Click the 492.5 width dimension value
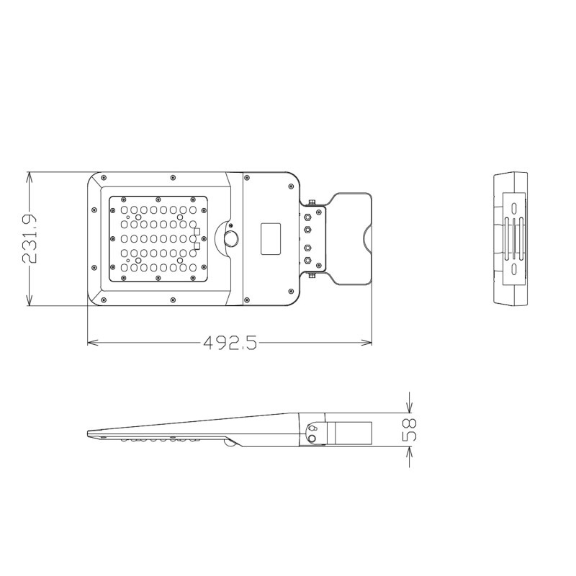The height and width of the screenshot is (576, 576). coord(230,343)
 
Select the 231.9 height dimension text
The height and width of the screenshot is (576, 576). coord(30,239)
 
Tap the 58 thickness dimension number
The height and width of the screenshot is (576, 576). coord(409,430)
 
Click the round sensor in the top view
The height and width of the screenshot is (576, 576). coord(231,238)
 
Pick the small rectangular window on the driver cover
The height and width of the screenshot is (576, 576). coord(271,238)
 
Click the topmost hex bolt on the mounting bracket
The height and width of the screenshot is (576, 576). coord(307,217)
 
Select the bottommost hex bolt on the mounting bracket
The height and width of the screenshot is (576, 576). coord(307,261)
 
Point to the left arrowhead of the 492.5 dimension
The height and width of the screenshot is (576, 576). coord(92,343)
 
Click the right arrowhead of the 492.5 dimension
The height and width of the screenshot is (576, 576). coord(367,343)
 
